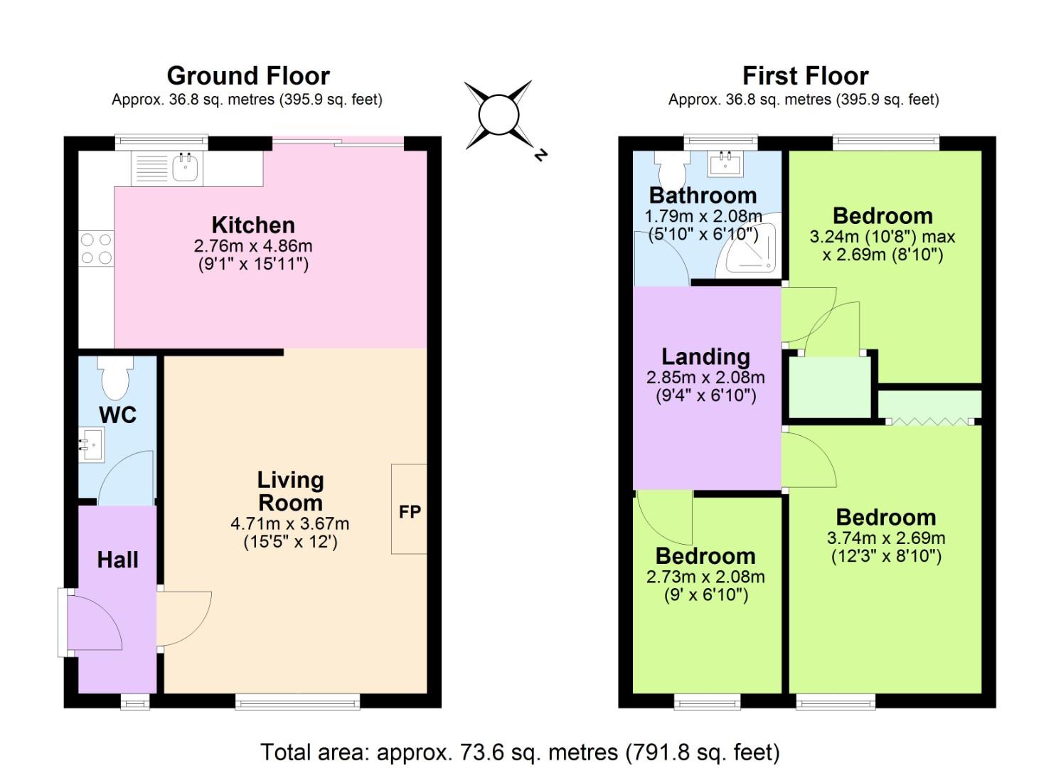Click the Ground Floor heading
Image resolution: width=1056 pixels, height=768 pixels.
point(248,75)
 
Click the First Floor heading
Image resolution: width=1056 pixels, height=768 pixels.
point(805,75)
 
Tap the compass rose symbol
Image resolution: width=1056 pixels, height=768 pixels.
point(498,115)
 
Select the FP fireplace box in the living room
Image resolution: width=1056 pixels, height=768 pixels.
point(409,509)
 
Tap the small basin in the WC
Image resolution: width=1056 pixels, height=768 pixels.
point(90,444)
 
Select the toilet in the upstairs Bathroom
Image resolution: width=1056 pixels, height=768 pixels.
point(671,166)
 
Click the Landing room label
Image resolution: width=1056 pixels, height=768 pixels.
point(705,356)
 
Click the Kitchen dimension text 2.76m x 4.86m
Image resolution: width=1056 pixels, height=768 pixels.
point(253,246)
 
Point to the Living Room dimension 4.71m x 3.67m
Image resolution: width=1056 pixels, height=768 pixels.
point(290,524)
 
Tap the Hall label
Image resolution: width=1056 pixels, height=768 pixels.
point(117,560)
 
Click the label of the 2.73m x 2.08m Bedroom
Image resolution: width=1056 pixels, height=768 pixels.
point(705,555)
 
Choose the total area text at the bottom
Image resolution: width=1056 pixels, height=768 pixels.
point(520,752)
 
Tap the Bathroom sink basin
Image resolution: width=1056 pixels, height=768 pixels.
point(726,166)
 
